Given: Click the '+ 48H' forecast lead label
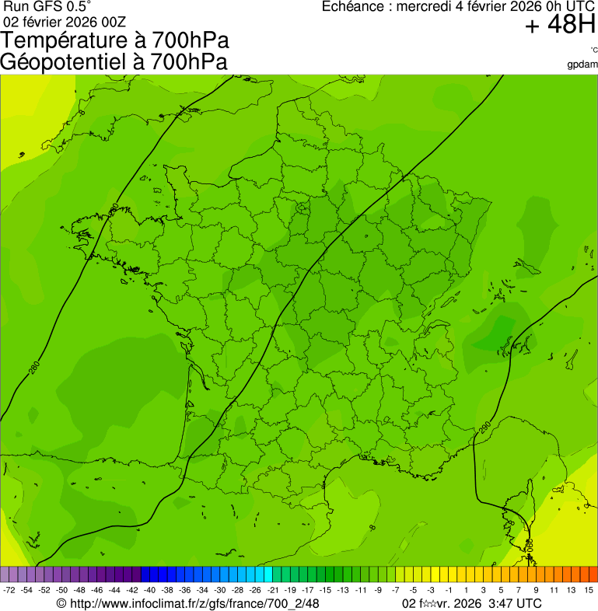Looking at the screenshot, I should tap(560, 25).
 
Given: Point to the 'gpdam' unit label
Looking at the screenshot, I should tap(583, 64).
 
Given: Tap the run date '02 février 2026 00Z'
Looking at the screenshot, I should tap(64, 22).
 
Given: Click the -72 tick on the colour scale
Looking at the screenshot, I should tap(9, 590).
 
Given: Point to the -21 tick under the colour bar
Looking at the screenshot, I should tap(273, 590).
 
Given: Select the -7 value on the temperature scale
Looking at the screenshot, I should tap(396, 590).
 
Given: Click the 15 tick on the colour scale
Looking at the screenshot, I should tap(589, 590).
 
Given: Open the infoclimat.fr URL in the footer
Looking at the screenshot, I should tap(194, 603).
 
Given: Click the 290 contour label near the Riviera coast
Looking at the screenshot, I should tap(486, 427).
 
